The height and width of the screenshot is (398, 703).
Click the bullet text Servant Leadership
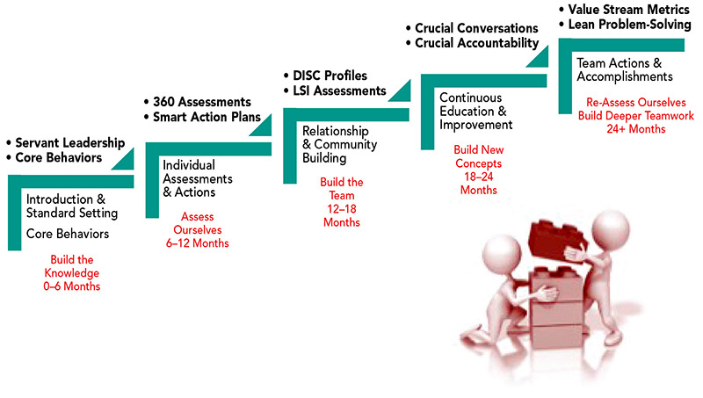coord(70,143)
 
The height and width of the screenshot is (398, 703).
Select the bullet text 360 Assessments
coord(202,102)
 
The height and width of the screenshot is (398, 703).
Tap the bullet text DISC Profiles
coord(330,76)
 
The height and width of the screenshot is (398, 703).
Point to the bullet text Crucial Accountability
coord(476,43)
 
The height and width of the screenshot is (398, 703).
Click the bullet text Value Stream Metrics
coord(628,10)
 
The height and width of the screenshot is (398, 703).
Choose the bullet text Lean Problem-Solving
coord(629,25)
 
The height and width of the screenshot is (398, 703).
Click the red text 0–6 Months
coord(72,286)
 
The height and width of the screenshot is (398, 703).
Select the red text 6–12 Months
coord(197,243)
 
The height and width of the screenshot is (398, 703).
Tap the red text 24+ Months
coord(635,129)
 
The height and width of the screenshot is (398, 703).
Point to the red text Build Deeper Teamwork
coord(635,116)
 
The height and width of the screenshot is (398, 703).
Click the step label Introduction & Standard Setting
coord(72,206)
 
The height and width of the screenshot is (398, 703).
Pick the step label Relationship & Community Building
coord(339,144)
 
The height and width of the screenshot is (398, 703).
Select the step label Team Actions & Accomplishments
coord(625,70)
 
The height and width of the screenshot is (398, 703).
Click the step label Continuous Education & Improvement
coord(475,112)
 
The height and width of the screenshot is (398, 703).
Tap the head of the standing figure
coord(610,229)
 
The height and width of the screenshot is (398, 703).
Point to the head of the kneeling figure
coord(502,255)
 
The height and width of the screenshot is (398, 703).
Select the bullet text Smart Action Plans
coord(207,117)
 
